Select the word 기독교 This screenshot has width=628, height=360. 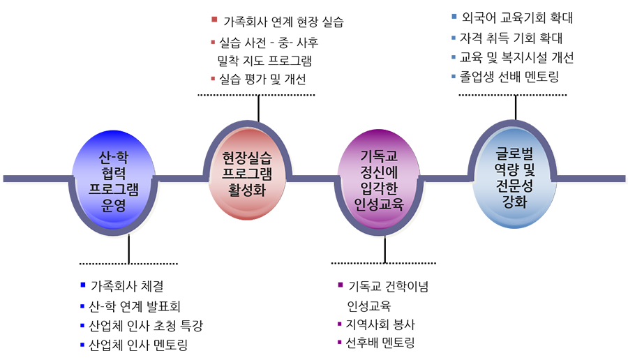[380, 155]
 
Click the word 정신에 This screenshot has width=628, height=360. [380, 171]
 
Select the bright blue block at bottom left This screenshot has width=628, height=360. [42, 310]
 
